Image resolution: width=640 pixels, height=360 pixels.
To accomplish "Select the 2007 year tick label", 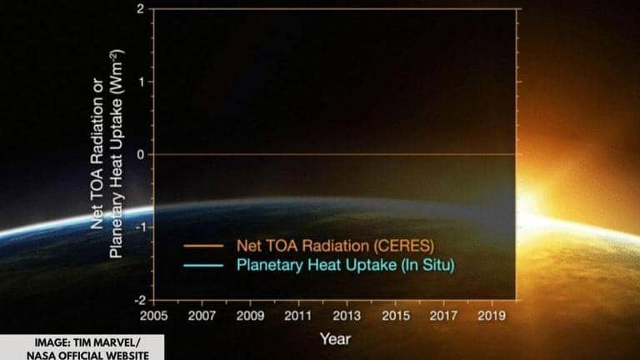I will click(x=201, y=317).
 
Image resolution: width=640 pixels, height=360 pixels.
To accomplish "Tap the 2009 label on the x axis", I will click(x=250, y=317).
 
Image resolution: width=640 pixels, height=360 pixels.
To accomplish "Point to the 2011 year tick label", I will click(x=297, y=317).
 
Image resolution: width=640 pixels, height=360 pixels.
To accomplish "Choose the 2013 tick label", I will click(x=346, y=317).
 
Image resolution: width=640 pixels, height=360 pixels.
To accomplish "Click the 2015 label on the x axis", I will click(x=395, y=317).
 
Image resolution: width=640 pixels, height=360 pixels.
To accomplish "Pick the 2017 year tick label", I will click(x=444, y=317).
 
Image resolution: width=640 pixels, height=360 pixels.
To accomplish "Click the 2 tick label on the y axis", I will click(x=139, y=9).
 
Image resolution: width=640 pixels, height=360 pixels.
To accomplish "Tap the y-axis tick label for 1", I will click(x=139, y=82).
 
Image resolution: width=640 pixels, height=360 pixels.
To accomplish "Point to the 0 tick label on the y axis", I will click(x=139, y=154).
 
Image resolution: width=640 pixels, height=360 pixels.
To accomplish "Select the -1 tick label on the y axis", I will click(x=137, y=227).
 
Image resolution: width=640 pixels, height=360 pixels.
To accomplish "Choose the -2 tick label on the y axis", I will click(x=137, y=299).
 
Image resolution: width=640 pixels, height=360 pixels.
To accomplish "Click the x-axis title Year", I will click(x=335, y=338).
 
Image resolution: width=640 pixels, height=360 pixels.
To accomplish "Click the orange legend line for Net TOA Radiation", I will click(x=205, y=247).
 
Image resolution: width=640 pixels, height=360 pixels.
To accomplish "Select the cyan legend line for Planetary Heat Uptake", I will click(x=205, y=266).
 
